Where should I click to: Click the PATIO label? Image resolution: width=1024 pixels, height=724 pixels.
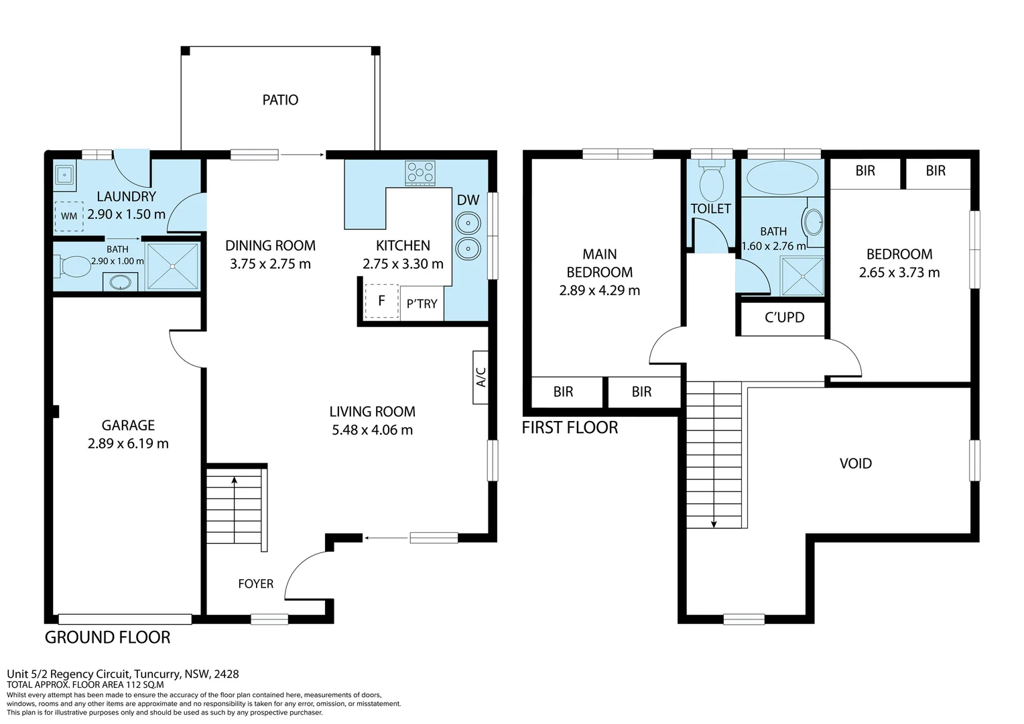point(280,100)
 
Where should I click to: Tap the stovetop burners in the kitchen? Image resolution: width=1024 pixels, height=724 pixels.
point(420,173)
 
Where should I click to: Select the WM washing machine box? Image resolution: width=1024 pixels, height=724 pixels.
point(69,216)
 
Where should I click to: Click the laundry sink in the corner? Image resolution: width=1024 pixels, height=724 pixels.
point(65,176)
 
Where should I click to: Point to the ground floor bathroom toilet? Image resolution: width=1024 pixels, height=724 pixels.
point(74,266)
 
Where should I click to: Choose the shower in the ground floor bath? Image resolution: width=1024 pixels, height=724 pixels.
point(173,266)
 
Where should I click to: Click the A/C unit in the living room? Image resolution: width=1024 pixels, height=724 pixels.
point(481,377)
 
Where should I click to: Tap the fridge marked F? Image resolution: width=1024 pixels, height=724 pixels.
point(381,301)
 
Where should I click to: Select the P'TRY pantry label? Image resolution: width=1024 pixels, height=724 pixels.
point(422,304)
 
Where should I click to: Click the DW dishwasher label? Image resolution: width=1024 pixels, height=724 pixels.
point(468,200)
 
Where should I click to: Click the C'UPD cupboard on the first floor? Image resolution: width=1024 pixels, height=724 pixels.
point(784,318)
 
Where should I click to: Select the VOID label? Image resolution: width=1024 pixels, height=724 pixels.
point(855,463)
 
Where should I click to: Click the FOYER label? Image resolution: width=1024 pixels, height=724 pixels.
point(255,584)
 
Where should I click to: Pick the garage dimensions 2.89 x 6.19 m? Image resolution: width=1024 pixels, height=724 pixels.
point(128,444)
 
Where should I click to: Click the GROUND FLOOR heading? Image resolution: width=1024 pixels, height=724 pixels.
point(107,638)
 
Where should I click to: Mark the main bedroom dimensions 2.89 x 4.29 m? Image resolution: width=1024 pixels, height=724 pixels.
point(599,290)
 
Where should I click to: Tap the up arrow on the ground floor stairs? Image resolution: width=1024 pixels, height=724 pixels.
point(234,480)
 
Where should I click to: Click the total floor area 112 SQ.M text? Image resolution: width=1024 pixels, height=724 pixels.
point(85,685)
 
